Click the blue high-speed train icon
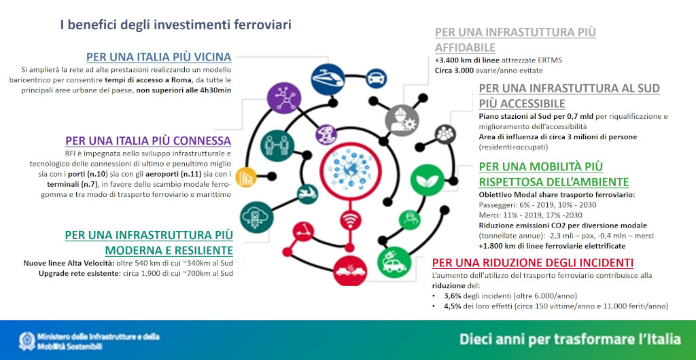[x=328, y=79]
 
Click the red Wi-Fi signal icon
[x=351, y=220]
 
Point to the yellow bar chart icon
[x=246, y=177]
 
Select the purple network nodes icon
[x=285, y=98]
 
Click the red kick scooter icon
[x=304, y=230]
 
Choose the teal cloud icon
[x=257, y=217]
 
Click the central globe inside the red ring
[x=351, y=170]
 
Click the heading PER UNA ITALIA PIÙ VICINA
[x=158, y=57]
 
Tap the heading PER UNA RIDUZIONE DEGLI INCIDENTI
[x=533, y=262]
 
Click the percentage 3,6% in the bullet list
[x=453, y=295]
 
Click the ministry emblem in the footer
[x=27, y=340]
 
